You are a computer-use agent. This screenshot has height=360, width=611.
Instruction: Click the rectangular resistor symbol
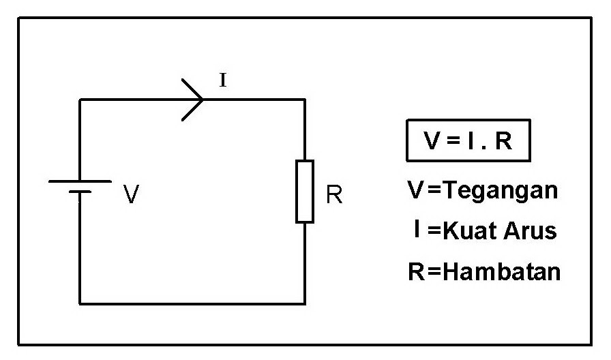click(304, 192)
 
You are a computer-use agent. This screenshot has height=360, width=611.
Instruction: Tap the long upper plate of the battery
click(80, 181)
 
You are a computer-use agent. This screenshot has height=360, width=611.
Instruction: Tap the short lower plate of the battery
click(80, 192)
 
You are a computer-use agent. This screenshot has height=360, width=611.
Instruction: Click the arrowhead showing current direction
click(194, 100)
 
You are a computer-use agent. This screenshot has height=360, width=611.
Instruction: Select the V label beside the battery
click(132, 196)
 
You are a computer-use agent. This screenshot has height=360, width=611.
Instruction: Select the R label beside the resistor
click(334, 196)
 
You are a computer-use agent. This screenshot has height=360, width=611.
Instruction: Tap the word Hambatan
click(501, 272)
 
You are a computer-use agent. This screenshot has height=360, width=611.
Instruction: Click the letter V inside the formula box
click(432, 141)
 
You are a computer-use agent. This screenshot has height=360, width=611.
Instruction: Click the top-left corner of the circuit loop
click(80, 100)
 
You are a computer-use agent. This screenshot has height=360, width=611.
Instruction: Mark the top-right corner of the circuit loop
click(304, 100)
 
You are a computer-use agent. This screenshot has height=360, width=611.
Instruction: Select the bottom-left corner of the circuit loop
click(80, 303)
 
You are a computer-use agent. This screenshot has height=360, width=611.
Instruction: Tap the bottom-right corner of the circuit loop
click(304, 303)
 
